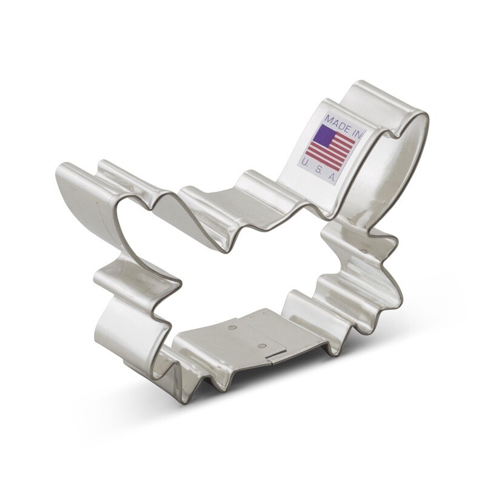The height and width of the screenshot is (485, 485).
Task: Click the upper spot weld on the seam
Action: tap(233, 327)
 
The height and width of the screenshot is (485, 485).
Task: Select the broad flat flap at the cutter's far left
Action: tap(82, 200)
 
